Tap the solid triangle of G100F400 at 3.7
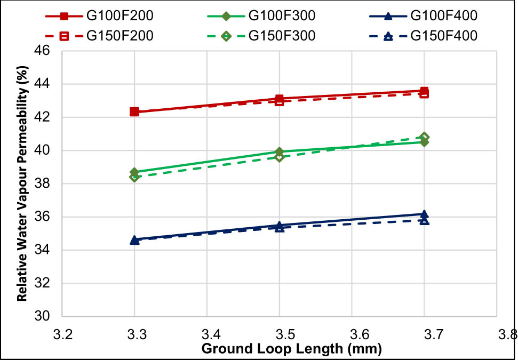coord(424,214)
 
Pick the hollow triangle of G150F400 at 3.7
coord(424,220)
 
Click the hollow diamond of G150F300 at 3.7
coord(424,137)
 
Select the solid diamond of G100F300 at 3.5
coord(280,152)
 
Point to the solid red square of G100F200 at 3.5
coord(280,99)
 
